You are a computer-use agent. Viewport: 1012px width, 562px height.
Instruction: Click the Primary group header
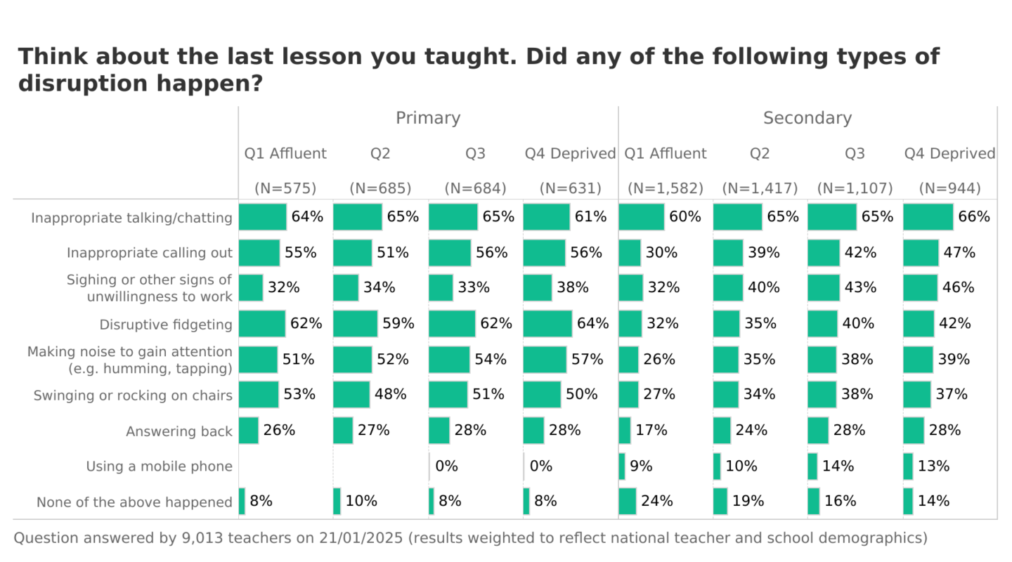(428, 118)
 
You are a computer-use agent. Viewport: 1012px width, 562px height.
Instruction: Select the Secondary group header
(807, 118)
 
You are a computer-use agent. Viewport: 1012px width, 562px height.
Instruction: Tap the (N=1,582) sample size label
(666, 188)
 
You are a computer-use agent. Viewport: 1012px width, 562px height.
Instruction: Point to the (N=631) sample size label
(570, 188)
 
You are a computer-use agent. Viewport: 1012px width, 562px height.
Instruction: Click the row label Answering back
(179, 431)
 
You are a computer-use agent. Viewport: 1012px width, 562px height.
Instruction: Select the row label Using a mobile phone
(159, 466)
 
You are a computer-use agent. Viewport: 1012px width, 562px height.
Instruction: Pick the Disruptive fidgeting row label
(166, 325)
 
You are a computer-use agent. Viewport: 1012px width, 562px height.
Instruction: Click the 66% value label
(973, 217)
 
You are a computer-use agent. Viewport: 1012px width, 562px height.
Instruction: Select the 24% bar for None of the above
(628, 502)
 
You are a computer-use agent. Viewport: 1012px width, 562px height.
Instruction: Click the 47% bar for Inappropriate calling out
(921, 253)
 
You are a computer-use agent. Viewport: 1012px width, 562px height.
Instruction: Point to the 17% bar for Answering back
(625, 431)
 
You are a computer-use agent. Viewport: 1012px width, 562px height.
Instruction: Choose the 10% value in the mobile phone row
(741, 466)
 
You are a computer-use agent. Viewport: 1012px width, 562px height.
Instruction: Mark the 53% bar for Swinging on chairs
(259, 395)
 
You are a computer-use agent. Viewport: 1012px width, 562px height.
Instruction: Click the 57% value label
(587, 360)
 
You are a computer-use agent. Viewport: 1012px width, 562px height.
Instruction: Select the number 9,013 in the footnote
(202, 539)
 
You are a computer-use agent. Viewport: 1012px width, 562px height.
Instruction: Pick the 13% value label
(933, 466)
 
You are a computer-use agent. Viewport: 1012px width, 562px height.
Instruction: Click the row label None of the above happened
(134, 502)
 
